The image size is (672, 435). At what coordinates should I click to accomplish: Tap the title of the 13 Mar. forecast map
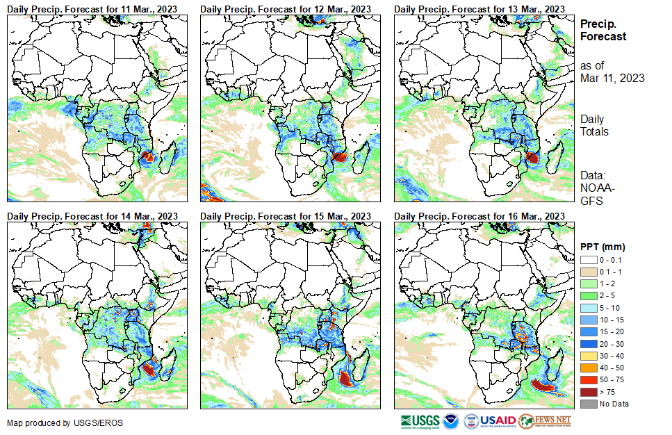pyautogui.click(x=479, y=8)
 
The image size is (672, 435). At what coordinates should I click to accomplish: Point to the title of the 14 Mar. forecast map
pyautogui.click(x=92, y=216)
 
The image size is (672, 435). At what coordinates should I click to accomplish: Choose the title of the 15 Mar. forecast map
pyautogui.click(x=285, y=216)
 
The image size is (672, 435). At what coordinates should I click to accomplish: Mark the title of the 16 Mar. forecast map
pyautogui.click(x=479, y=216)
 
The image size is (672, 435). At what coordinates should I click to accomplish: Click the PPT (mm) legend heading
pyautogui.click(x=603, y=247)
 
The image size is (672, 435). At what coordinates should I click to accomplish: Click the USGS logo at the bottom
pyautogui.click(x=420, y=421)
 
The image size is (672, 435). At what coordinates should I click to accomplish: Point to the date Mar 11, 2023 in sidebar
pyautogui.click(x=612, y=78)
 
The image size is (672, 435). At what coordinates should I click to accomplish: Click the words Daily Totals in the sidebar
pyautogui.click(x=594, y=126)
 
